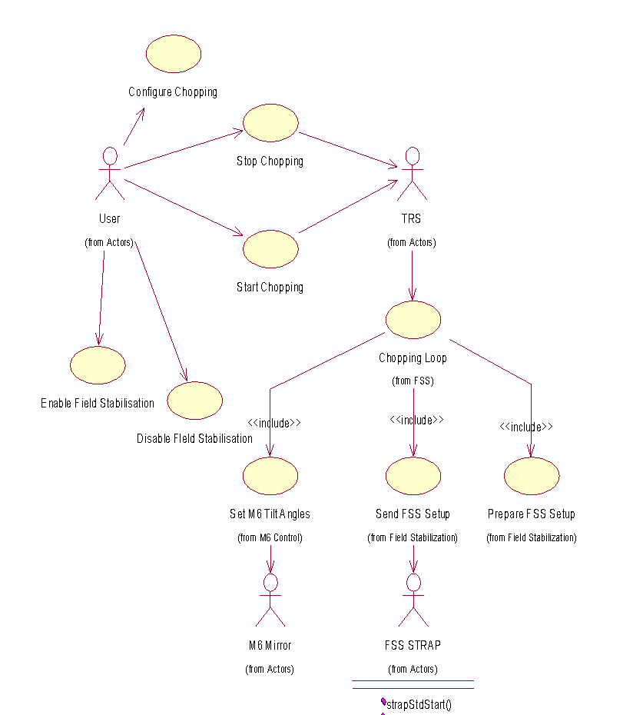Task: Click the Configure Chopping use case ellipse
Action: tap(174, 54)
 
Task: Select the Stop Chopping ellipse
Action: tap(270, 123)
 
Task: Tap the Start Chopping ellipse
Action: tap(270, 248)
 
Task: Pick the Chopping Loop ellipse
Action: tap(413, 320)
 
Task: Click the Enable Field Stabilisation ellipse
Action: tap(98, 365)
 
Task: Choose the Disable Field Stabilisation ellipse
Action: tap(194, 401)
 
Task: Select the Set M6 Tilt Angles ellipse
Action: tap(270, 476)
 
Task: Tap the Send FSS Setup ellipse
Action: tap(413, 476)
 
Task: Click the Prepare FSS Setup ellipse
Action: tap(532, 476)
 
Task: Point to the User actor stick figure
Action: tap(110, 173)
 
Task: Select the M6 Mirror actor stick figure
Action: tap(270, 600)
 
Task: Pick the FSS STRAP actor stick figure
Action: tap(413, 600)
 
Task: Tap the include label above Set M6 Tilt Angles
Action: tap(273, 423)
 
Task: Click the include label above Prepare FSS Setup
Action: tap(526, 427)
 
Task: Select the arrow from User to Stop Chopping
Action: tap(184, 149)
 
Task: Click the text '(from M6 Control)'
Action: tap(270, 537)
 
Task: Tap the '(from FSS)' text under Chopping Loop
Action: tap(413, 381)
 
